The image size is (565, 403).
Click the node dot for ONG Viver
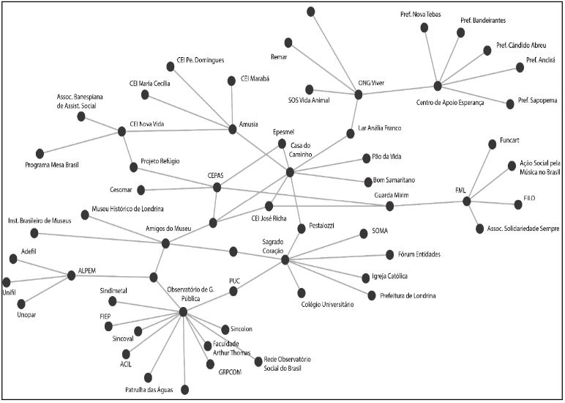[359, 94]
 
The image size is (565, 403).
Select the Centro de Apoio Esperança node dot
[438, 86]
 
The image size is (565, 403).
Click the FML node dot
[467, 201]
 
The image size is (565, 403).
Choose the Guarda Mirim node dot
[390, 207]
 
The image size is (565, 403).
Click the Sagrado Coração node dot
[285, 259]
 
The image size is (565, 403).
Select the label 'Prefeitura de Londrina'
[408, 296]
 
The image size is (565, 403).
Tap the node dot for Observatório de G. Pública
[182, 312]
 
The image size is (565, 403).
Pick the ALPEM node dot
[72, 276]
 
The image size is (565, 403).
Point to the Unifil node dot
[7, 281]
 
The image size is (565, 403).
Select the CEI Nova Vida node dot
[121, 132]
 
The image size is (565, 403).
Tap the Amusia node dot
[233, 129]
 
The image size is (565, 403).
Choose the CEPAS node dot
[217, 188]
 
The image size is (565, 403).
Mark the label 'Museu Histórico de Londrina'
[127, 209]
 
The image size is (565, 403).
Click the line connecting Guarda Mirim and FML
[428, 204]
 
